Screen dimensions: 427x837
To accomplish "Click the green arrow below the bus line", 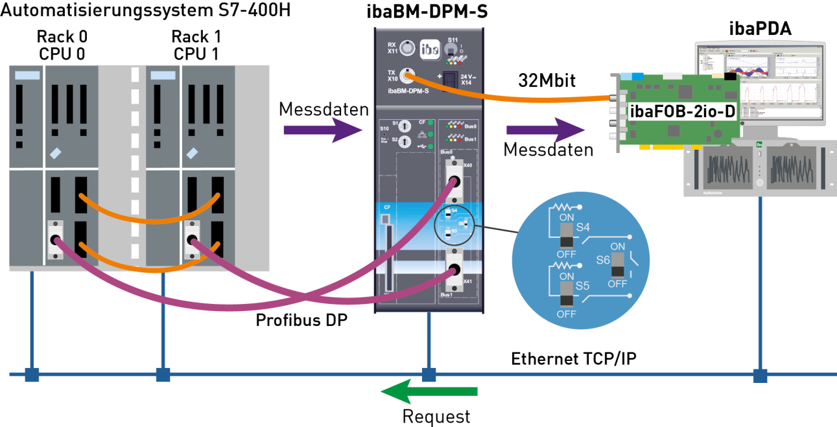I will (429, 391).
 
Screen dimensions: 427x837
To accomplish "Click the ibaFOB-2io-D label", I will (682, 111).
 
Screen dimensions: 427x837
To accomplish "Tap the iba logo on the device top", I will (430, 49).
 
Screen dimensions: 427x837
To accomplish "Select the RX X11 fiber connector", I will (407, 47).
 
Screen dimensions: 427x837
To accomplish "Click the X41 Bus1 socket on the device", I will (453, 272).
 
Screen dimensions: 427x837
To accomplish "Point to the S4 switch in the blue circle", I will (567, 235).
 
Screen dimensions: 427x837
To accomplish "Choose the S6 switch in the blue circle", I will (617, 265).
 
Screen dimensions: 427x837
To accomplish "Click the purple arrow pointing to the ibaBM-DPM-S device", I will (322, 130).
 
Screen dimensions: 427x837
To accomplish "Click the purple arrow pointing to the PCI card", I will (545, 130).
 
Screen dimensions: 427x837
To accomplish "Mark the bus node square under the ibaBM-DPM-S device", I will (429, 375).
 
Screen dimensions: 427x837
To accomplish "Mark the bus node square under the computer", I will (760, 375).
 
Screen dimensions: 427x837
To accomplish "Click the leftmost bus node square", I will (32, 375).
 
